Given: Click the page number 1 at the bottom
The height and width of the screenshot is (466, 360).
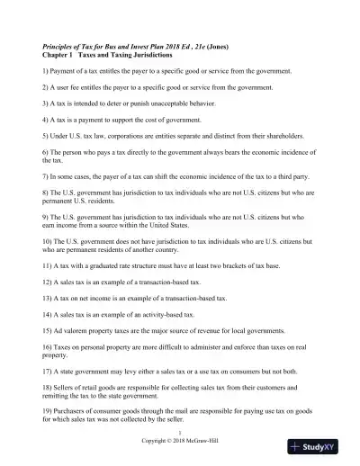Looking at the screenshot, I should pos(180,433).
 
